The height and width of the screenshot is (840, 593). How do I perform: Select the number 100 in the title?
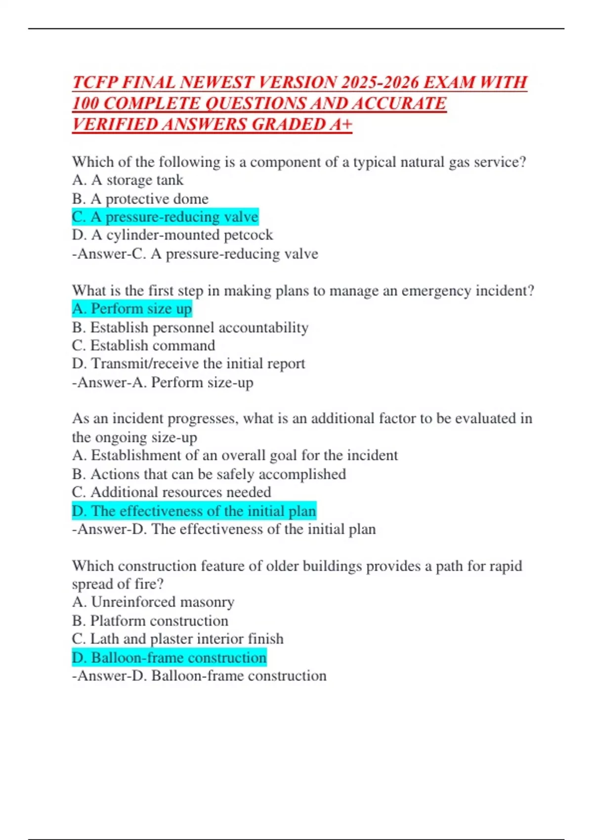tap(85, 103)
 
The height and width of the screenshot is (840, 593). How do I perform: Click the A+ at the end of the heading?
tap(341, 125)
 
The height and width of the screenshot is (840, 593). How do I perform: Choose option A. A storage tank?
tap(127, 180)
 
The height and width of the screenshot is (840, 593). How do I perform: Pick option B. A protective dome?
tap(140, 199)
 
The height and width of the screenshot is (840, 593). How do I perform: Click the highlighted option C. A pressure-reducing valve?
tap(165, 217)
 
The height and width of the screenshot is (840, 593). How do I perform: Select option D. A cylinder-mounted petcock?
tap(172, 235)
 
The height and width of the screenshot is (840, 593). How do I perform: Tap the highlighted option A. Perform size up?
tap(131, 309)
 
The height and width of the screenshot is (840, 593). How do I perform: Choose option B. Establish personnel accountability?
tap(190, 327)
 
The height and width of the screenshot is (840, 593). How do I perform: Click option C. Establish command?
tap(143, 345)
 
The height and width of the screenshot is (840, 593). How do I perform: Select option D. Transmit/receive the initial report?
tap(188, 364)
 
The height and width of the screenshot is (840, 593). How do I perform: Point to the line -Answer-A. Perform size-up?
tap(163, 382)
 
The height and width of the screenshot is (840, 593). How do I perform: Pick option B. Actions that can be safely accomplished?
tap(209, 474)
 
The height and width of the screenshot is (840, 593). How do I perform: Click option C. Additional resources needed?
tap(171, 492)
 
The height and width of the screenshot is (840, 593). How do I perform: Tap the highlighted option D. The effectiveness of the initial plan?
tap(194, 511)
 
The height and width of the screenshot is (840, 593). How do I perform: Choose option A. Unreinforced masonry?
tap(153, 602)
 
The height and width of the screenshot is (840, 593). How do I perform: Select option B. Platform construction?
tap(150, 621)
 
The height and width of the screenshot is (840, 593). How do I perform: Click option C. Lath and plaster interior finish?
tap(178, 639)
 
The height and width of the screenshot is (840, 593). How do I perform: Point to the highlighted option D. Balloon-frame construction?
tap(169, 658)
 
